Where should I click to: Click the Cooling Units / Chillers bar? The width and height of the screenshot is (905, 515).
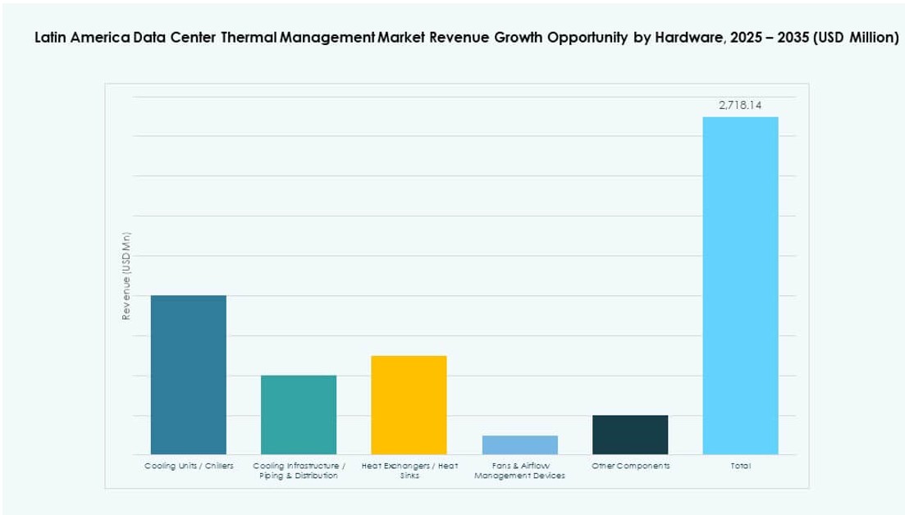click(189, 375)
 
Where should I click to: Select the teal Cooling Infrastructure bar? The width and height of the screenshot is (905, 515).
click(299, 415)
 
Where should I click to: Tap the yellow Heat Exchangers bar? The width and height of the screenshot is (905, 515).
click(409, 405)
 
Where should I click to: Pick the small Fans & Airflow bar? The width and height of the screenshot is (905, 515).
click(519, 445)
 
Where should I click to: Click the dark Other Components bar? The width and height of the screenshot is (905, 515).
click(630, 435)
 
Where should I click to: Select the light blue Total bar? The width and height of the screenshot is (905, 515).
click(740, 285)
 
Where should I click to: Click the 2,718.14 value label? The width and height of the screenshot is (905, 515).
click(740, 105)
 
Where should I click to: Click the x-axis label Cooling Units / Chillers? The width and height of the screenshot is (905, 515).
click(189, 466)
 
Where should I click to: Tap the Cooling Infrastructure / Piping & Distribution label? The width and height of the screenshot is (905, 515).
click(299, 471)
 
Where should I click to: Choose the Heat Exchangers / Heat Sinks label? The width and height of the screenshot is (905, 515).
click(409, 471)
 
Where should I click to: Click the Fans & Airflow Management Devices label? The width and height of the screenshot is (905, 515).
click(519, 471)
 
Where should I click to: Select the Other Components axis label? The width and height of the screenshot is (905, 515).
click(630, 466)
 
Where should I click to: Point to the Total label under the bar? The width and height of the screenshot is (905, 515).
click(740, 466)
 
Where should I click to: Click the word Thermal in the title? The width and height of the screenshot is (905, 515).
click(250, 39)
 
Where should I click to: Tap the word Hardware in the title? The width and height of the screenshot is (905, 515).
click(682, 39)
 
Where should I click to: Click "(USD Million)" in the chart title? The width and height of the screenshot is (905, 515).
click(855, 39)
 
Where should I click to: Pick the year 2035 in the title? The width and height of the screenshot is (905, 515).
click(792, 39)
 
